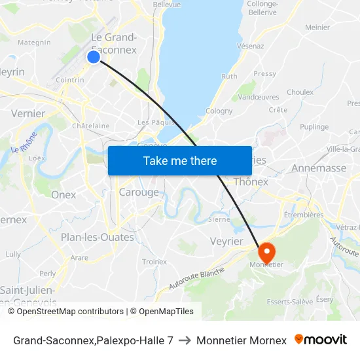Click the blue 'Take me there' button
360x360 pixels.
coord(180,160)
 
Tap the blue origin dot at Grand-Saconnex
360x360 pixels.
coord(94,57)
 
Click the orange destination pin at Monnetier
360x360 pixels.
coord(267,252)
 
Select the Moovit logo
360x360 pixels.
coord(321,340)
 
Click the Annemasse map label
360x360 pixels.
coord(319,168)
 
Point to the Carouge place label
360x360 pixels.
coord(139,192)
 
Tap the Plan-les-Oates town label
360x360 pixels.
coord(98,237)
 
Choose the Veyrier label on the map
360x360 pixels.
coord(226,242)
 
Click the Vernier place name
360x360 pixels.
coord(28,113)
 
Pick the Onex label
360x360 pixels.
coord(63,194)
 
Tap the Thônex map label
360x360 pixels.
coord(251,181)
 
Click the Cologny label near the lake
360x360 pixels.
coord(219,111)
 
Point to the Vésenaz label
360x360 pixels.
coord(251,46)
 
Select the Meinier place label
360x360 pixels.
coord(317,27)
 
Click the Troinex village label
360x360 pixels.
coord(154,262)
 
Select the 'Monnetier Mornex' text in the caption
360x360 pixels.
coord(242,340)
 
